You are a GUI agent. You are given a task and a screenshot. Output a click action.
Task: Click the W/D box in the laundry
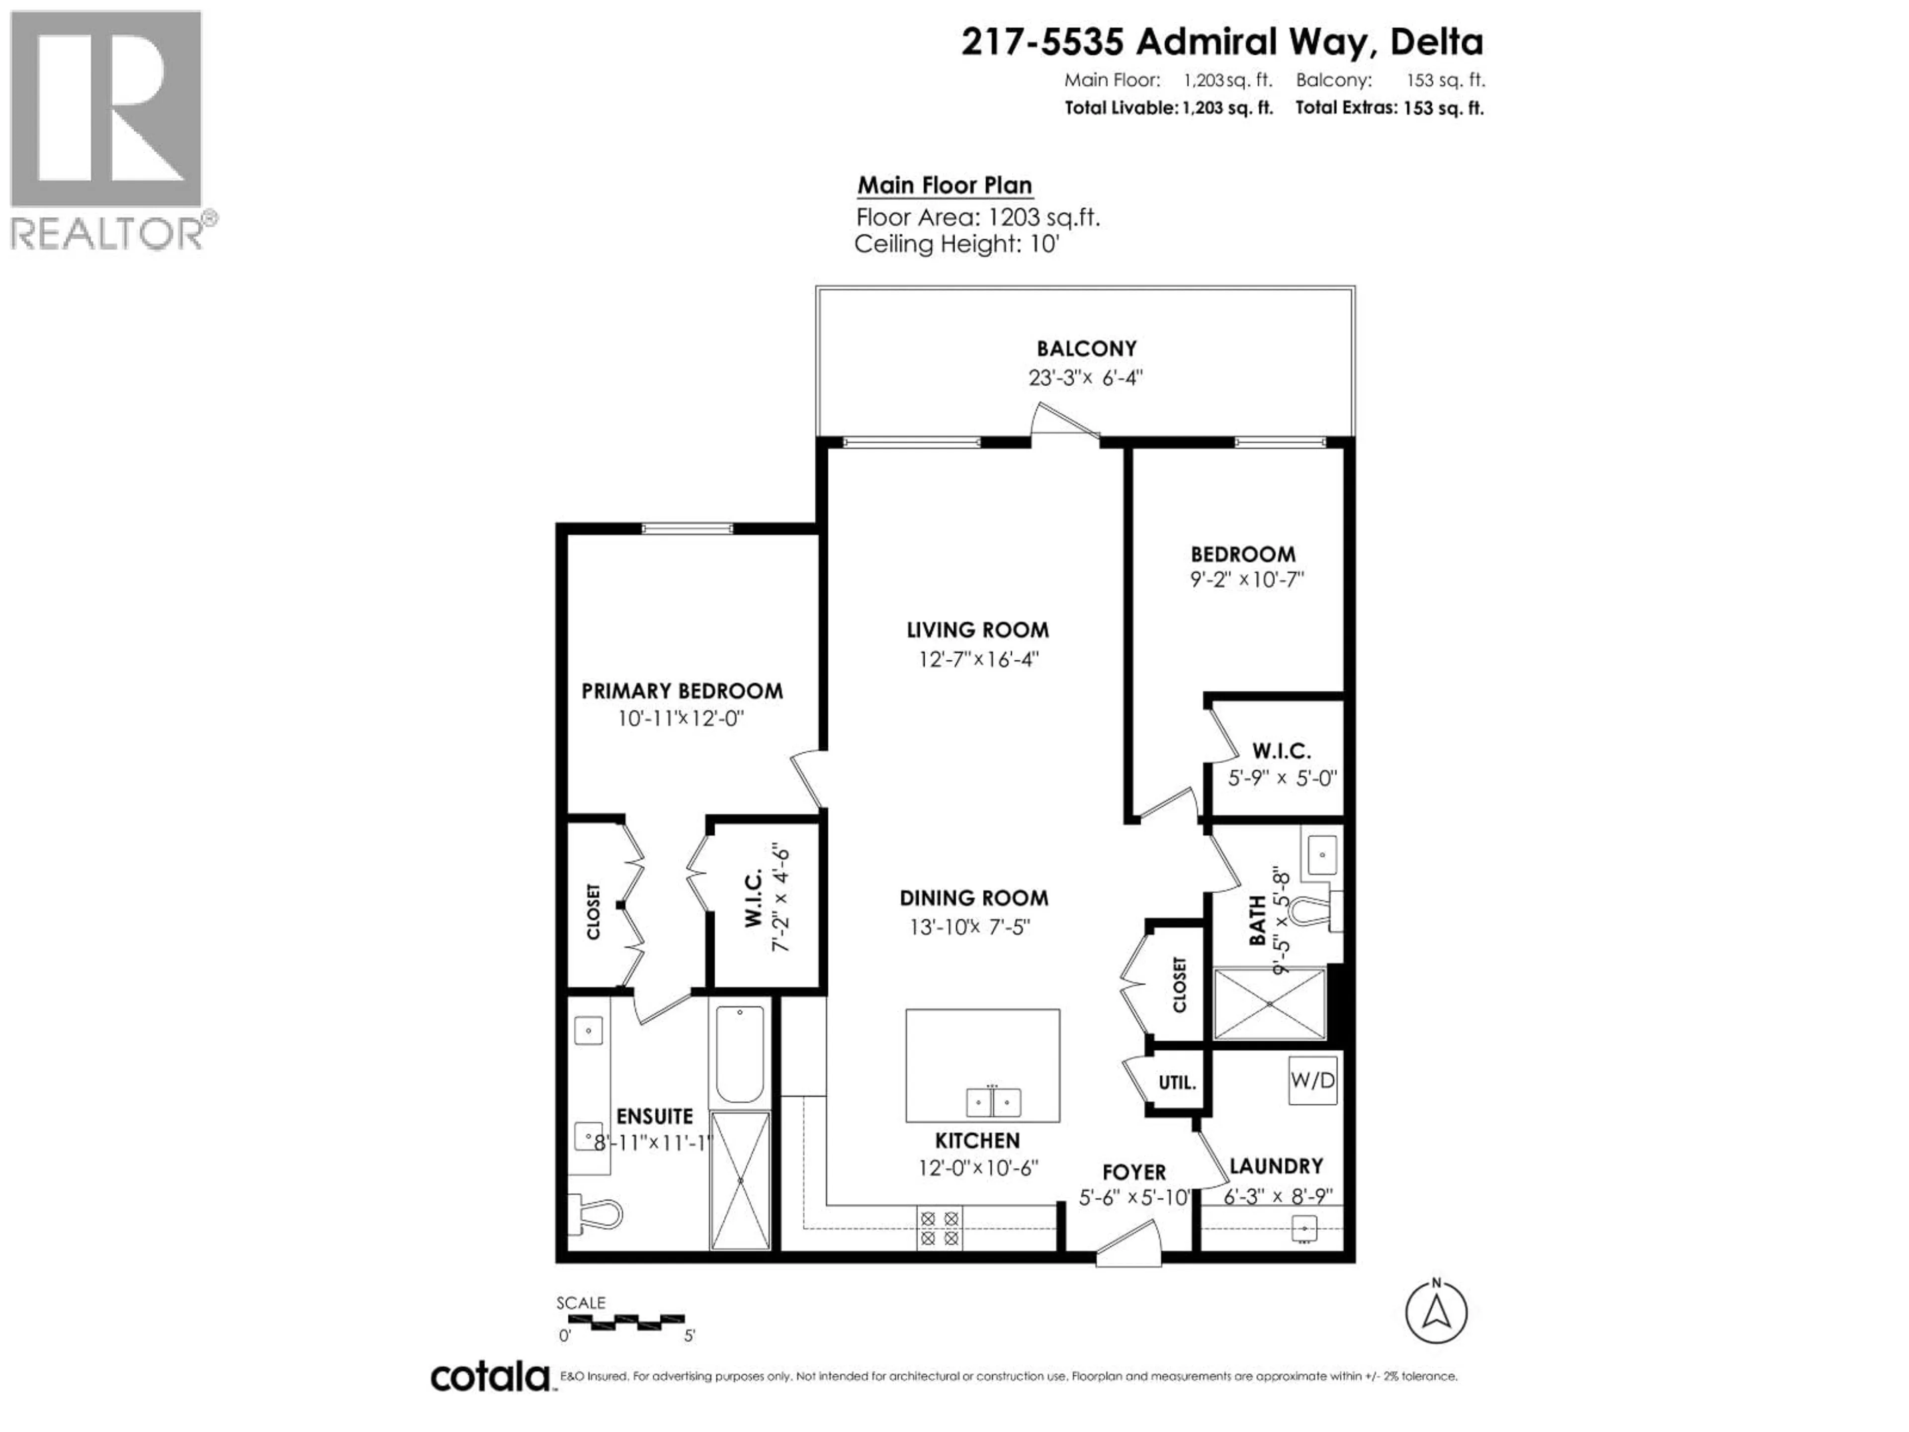click(1312, 1080)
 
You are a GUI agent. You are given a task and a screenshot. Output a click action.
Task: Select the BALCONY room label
click(1087, 349)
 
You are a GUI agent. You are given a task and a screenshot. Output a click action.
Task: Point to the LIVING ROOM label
click(978, 630)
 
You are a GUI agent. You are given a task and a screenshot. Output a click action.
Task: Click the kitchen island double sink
click(992, 1102)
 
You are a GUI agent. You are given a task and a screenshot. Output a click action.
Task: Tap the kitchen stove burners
click(939, 1228)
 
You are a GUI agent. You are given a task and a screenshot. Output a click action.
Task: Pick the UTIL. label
click(1177, 1082)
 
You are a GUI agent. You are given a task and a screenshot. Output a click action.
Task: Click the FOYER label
click(1134, 1172)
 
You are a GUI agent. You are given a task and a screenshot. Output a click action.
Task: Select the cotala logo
click(489, 1377)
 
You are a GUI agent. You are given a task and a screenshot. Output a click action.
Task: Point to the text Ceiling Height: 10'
click(956, 244)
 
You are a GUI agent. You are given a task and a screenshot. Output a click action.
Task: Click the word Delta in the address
click(1437, 41)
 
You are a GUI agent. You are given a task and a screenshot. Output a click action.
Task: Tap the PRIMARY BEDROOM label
click(682, 691)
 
